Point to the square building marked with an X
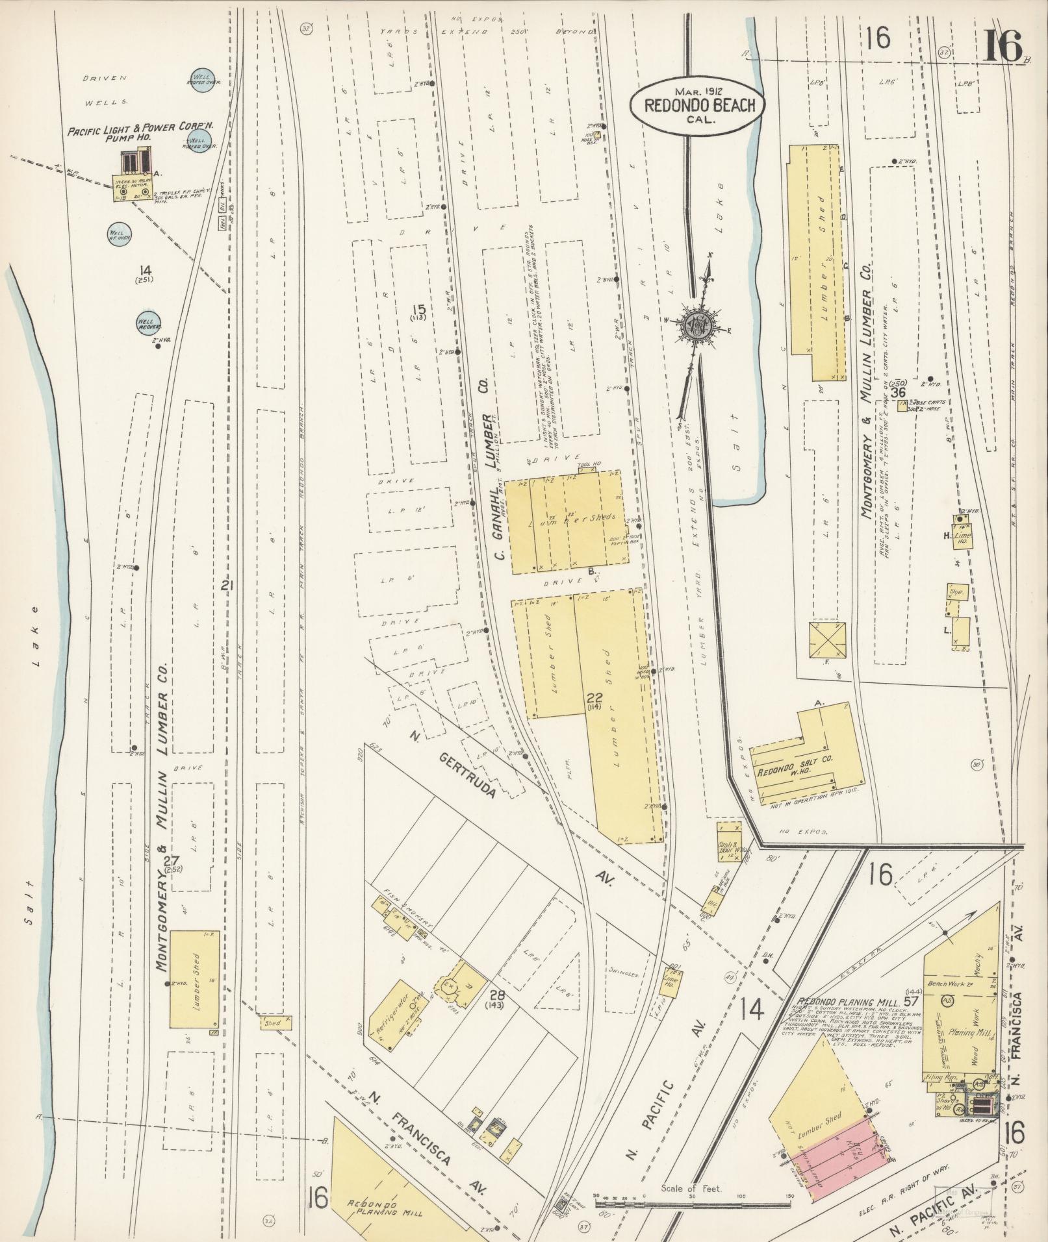click(828, 641)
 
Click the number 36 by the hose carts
click(899, 392)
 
